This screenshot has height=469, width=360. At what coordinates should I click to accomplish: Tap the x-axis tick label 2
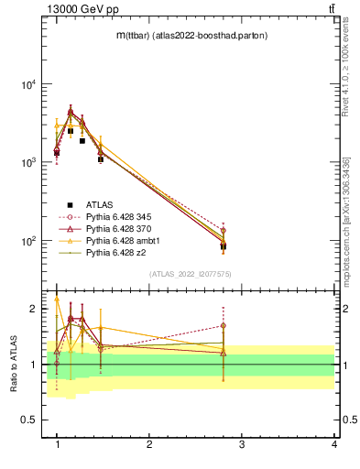click(x=149, y=444)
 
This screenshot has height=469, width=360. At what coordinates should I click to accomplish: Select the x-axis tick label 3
click(x=242, y=444)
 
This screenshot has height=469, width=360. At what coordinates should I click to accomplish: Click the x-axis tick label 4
click(x=333, y=444)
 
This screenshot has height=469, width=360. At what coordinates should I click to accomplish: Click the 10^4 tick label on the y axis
click(x=27, y=84)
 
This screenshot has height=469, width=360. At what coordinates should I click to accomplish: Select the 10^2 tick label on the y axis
click(x=27, y=241)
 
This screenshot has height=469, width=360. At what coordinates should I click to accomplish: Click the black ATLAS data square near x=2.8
click(x=224, y=246)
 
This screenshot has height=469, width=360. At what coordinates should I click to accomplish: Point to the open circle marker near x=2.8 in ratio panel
click(x=224, y=325)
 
